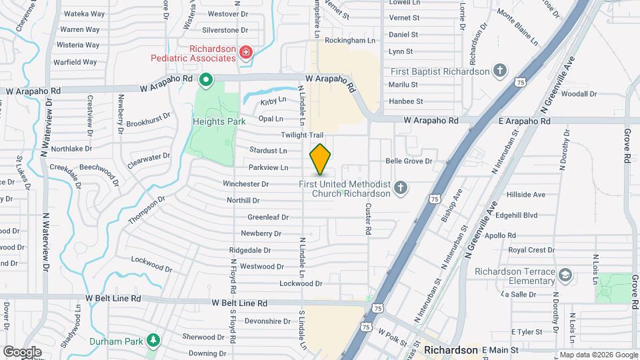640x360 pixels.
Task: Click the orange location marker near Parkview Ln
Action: point(320,159)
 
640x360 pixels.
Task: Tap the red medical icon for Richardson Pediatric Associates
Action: point(246,52)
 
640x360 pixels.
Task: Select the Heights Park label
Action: point(218,121)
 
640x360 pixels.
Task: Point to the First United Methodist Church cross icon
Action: point(400,188)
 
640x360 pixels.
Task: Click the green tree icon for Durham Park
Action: point(153,341)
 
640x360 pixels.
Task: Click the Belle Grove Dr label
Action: point(409,161)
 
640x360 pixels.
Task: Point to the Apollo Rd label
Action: point(501,235)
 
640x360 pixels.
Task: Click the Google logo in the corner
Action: point(22,351)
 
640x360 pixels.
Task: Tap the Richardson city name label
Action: point(451,350)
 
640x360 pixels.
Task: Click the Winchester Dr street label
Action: point(245,183)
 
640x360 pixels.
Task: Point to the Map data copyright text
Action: point(598,355)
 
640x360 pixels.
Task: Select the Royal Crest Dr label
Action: point(531,250)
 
